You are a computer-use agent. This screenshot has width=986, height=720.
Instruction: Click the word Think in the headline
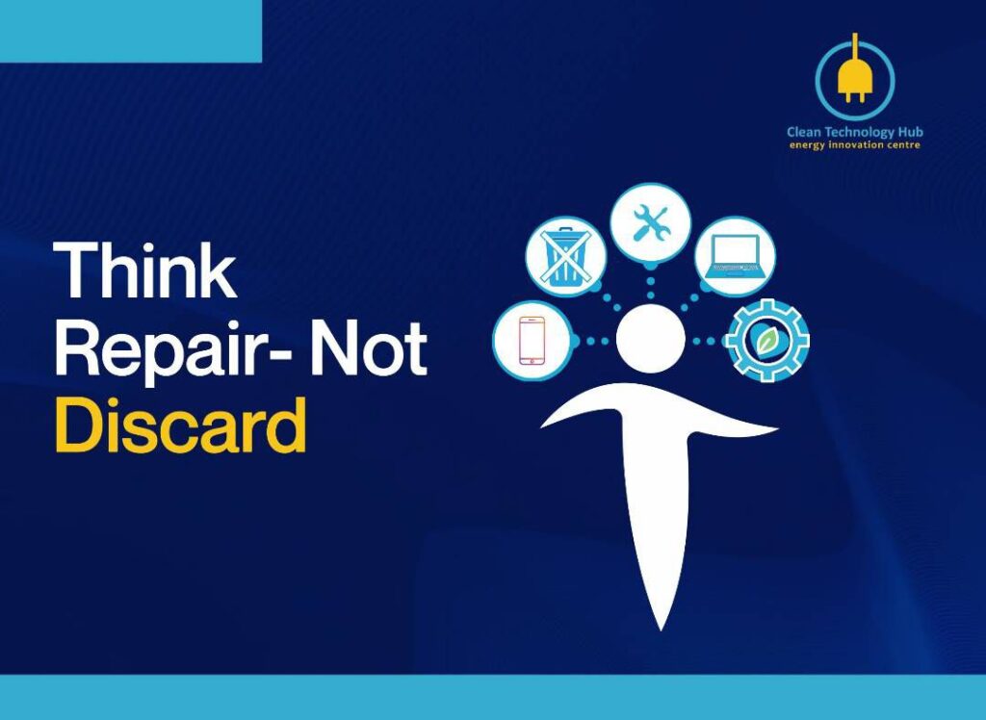145,270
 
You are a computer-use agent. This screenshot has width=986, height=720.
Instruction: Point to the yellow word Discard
180,424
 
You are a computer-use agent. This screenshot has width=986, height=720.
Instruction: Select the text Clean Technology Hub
855,132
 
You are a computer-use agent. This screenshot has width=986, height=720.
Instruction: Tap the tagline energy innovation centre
855,145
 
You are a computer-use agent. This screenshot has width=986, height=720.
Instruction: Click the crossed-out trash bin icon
566,257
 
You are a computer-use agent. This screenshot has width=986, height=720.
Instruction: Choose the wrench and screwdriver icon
650,223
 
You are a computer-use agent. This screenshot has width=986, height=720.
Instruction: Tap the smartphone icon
532,340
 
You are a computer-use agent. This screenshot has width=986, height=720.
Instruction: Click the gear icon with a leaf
767,340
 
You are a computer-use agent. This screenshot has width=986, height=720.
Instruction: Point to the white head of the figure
650,339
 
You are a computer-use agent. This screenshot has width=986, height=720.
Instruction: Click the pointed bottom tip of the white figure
661,630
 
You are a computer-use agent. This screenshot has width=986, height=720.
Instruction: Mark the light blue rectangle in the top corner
131,32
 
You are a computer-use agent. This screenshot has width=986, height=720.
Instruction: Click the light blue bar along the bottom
493,697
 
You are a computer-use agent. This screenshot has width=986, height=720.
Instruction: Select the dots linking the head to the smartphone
594,341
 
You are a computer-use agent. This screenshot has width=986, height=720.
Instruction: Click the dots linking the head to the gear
704,341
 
